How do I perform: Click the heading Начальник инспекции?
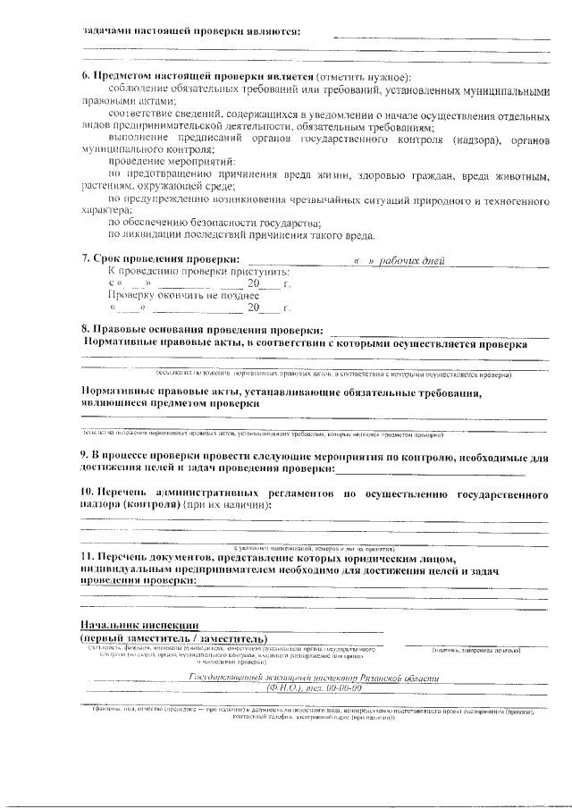(139, 625)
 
